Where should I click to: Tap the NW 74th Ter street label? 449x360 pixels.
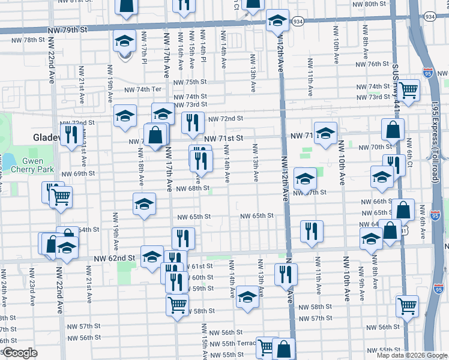click(143, 89)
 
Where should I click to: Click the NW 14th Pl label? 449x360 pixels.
click(203, 53)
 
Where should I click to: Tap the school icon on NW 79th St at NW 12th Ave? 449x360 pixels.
click(278, 20)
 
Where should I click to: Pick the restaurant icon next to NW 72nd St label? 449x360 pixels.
click(193, 122)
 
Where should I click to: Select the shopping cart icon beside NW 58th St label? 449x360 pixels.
click(177, 304)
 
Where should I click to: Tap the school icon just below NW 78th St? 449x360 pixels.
click(124, 42)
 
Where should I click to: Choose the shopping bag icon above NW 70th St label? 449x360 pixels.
click(392, 129)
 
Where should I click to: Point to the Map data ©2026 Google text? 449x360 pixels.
click(412, 355)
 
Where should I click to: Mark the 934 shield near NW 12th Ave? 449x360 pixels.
click(298, 20)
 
